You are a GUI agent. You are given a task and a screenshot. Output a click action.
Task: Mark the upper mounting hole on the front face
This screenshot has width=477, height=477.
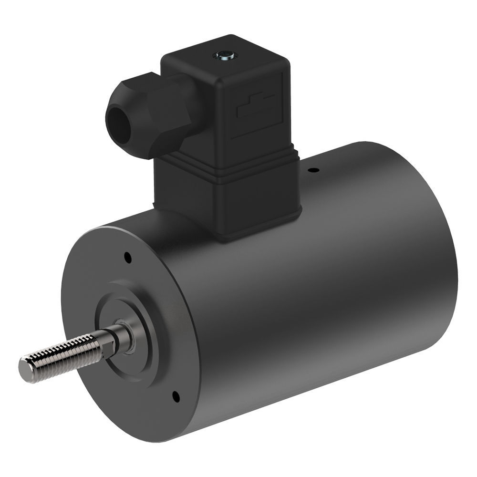click(127, 258)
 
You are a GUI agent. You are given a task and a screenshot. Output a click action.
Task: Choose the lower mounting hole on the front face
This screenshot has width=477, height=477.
click(176, 395)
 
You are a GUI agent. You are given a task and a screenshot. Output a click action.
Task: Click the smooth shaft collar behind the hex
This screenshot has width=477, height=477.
click(125, 336)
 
